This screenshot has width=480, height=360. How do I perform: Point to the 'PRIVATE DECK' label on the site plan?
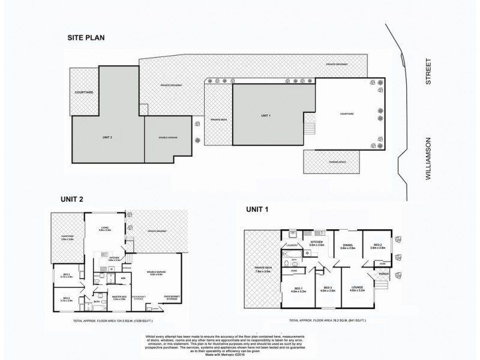pos(219,119)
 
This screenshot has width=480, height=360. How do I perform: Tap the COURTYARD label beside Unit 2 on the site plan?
pos(83,92)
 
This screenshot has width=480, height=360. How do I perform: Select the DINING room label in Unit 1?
pos(348,246)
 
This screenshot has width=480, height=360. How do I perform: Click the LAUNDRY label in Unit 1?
pos(292,245)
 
